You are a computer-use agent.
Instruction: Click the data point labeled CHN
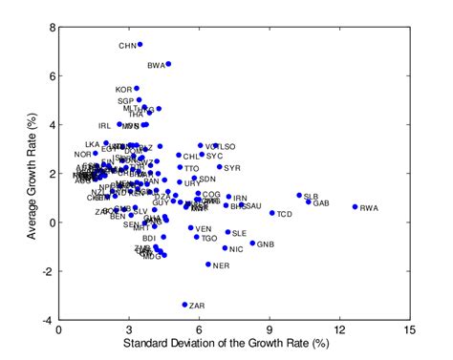pyautogui.click(x=140, y=44)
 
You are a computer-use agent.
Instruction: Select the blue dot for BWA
pyautogui.click(x=168, y=64)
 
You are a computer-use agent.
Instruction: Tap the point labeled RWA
pyautogui.click(x=355, y=206)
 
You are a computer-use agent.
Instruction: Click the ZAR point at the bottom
pyautogui.click(x=184, y=305)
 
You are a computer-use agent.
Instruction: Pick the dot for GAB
pyautogui.click(x=309, y=201)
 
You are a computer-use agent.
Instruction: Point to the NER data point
pyautogui.click(x=207, y=265)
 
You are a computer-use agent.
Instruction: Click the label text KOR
pyautogui.click(x=124, y=90)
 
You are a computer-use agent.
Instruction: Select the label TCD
pyautogui.click(x=285, y=214)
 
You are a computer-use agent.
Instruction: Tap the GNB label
pyautogui.click(x=265, y=244)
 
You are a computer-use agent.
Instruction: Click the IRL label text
pyautogui.click(x=105, y=125)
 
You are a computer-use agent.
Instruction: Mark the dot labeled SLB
pyautogui.click(x=298, y=195)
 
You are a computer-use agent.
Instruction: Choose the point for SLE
pyautogui.click(x=227, y=232)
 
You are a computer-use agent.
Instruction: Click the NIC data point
pyautogui.click(x=226, y=248)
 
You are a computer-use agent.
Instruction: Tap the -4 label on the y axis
pyautogui.click(x=49, y=321)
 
